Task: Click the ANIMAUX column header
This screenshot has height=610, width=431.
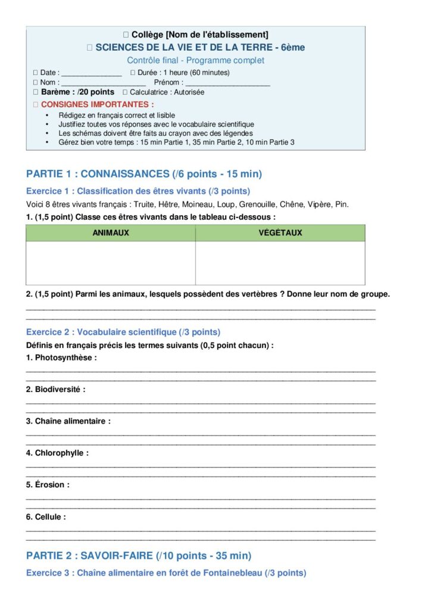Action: pyautogui.click(x=111, y=233)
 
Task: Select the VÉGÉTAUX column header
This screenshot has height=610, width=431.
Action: pyautogui.click(x=280, y=233)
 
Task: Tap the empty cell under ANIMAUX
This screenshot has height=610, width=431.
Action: pyautogui.click(x=111, y=263)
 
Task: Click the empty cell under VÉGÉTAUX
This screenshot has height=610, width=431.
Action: pyautogui.click(x=280, y=263)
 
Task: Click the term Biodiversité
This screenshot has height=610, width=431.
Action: pyautogui.click(x=57, y=390)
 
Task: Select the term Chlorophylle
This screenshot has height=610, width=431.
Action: pyautogui.click(x=61, y=453)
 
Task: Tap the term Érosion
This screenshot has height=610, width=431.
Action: pyautogui.click(x=52, y=485)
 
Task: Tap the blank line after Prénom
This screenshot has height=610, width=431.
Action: pyautogui.click(x=227, y=83)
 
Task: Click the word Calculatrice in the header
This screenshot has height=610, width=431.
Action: pyautogui.click(x=151, y=92)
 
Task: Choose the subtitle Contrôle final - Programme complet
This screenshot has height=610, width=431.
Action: pyautogui.click(x=196, y=60)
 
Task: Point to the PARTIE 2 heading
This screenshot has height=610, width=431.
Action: pyautogui.click(x=139, y=555)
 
